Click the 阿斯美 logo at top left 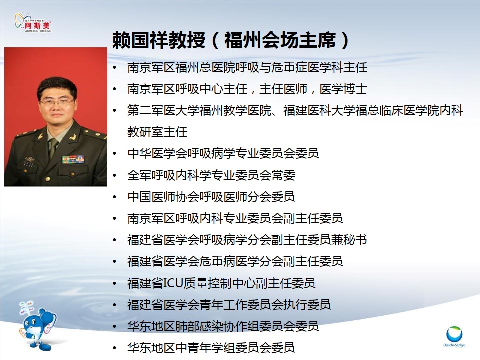(x=33, y=22)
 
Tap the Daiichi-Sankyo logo (x=454, y=336)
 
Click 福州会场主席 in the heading (x=280, y=40)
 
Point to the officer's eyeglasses (x=57, y=101)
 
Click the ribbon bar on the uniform (x=73, y=159)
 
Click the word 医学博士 (x=343, y=89)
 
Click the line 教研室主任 (x=157, y=132)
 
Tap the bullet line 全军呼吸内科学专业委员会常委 (x=211, y=175)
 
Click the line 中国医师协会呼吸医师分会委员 (x=211, y=197)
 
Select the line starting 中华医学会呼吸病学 (x=223, y=153)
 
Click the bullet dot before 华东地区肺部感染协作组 (x=115, y=326)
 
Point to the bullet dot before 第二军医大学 (x=115, y=111)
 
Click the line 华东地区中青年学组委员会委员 (x=211, y=348)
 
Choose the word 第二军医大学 (x=163, y=111)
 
